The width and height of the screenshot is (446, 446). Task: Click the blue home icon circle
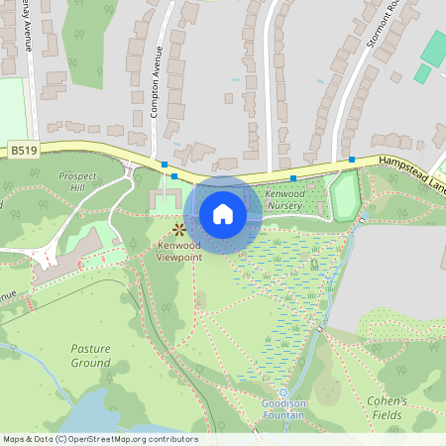point(223,214)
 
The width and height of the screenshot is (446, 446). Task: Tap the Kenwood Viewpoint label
point(178,250)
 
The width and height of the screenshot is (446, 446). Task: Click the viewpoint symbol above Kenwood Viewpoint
point(166,229)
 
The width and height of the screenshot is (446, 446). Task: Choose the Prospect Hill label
point(77,181)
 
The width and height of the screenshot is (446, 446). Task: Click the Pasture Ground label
point(91,356)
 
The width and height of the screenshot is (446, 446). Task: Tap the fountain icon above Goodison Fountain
point(283,393)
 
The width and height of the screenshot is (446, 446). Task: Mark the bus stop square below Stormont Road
point(351,159)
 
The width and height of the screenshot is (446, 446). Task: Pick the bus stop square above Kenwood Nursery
point(293,178)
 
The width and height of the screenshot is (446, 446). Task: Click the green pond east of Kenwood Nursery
point(343,197)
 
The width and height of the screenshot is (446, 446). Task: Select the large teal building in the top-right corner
point(435,48)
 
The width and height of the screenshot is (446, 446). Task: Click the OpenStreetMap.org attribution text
point(129,439)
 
